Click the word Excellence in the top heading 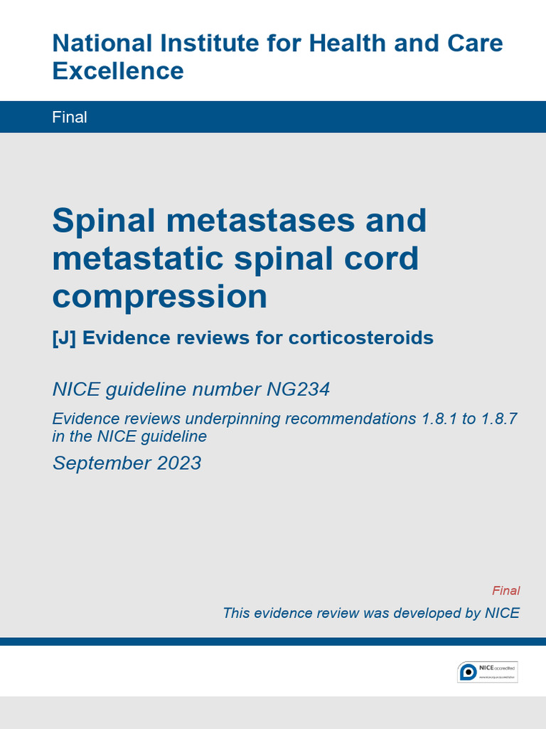[118, 71]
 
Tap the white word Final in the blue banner [70, 117]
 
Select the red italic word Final [505, 591]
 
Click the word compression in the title [159, 297]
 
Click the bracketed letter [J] [64, 337]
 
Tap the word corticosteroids [360, 337]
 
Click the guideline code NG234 [298, 389]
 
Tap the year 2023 [178, 463]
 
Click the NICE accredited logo [487, 671]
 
